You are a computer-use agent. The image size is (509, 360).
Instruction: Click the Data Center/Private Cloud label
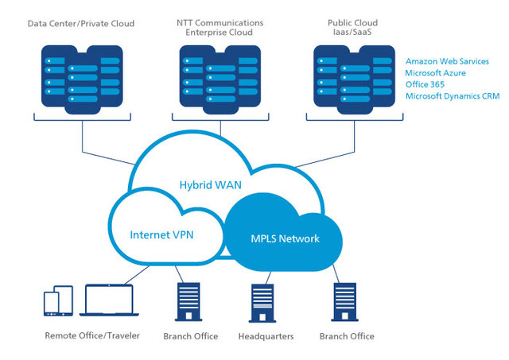coord(81,24)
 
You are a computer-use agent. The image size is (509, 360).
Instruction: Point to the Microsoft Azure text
coord(435,72)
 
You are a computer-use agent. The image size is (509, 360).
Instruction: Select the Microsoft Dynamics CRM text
coord(452,96)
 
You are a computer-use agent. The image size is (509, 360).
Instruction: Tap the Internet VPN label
coord(162,235)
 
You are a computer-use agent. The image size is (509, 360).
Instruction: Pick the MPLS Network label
coord(286,238)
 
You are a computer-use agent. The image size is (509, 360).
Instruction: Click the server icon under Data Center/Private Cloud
coord(81,79)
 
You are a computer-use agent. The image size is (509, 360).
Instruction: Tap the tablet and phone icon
coord(57,302)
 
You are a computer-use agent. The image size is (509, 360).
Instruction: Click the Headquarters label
coord(266,337)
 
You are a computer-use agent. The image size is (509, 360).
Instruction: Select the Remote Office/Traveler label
coord(92,336)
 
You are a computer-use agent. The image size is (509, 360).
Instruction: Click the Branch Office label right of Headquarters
coord(347,337)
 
